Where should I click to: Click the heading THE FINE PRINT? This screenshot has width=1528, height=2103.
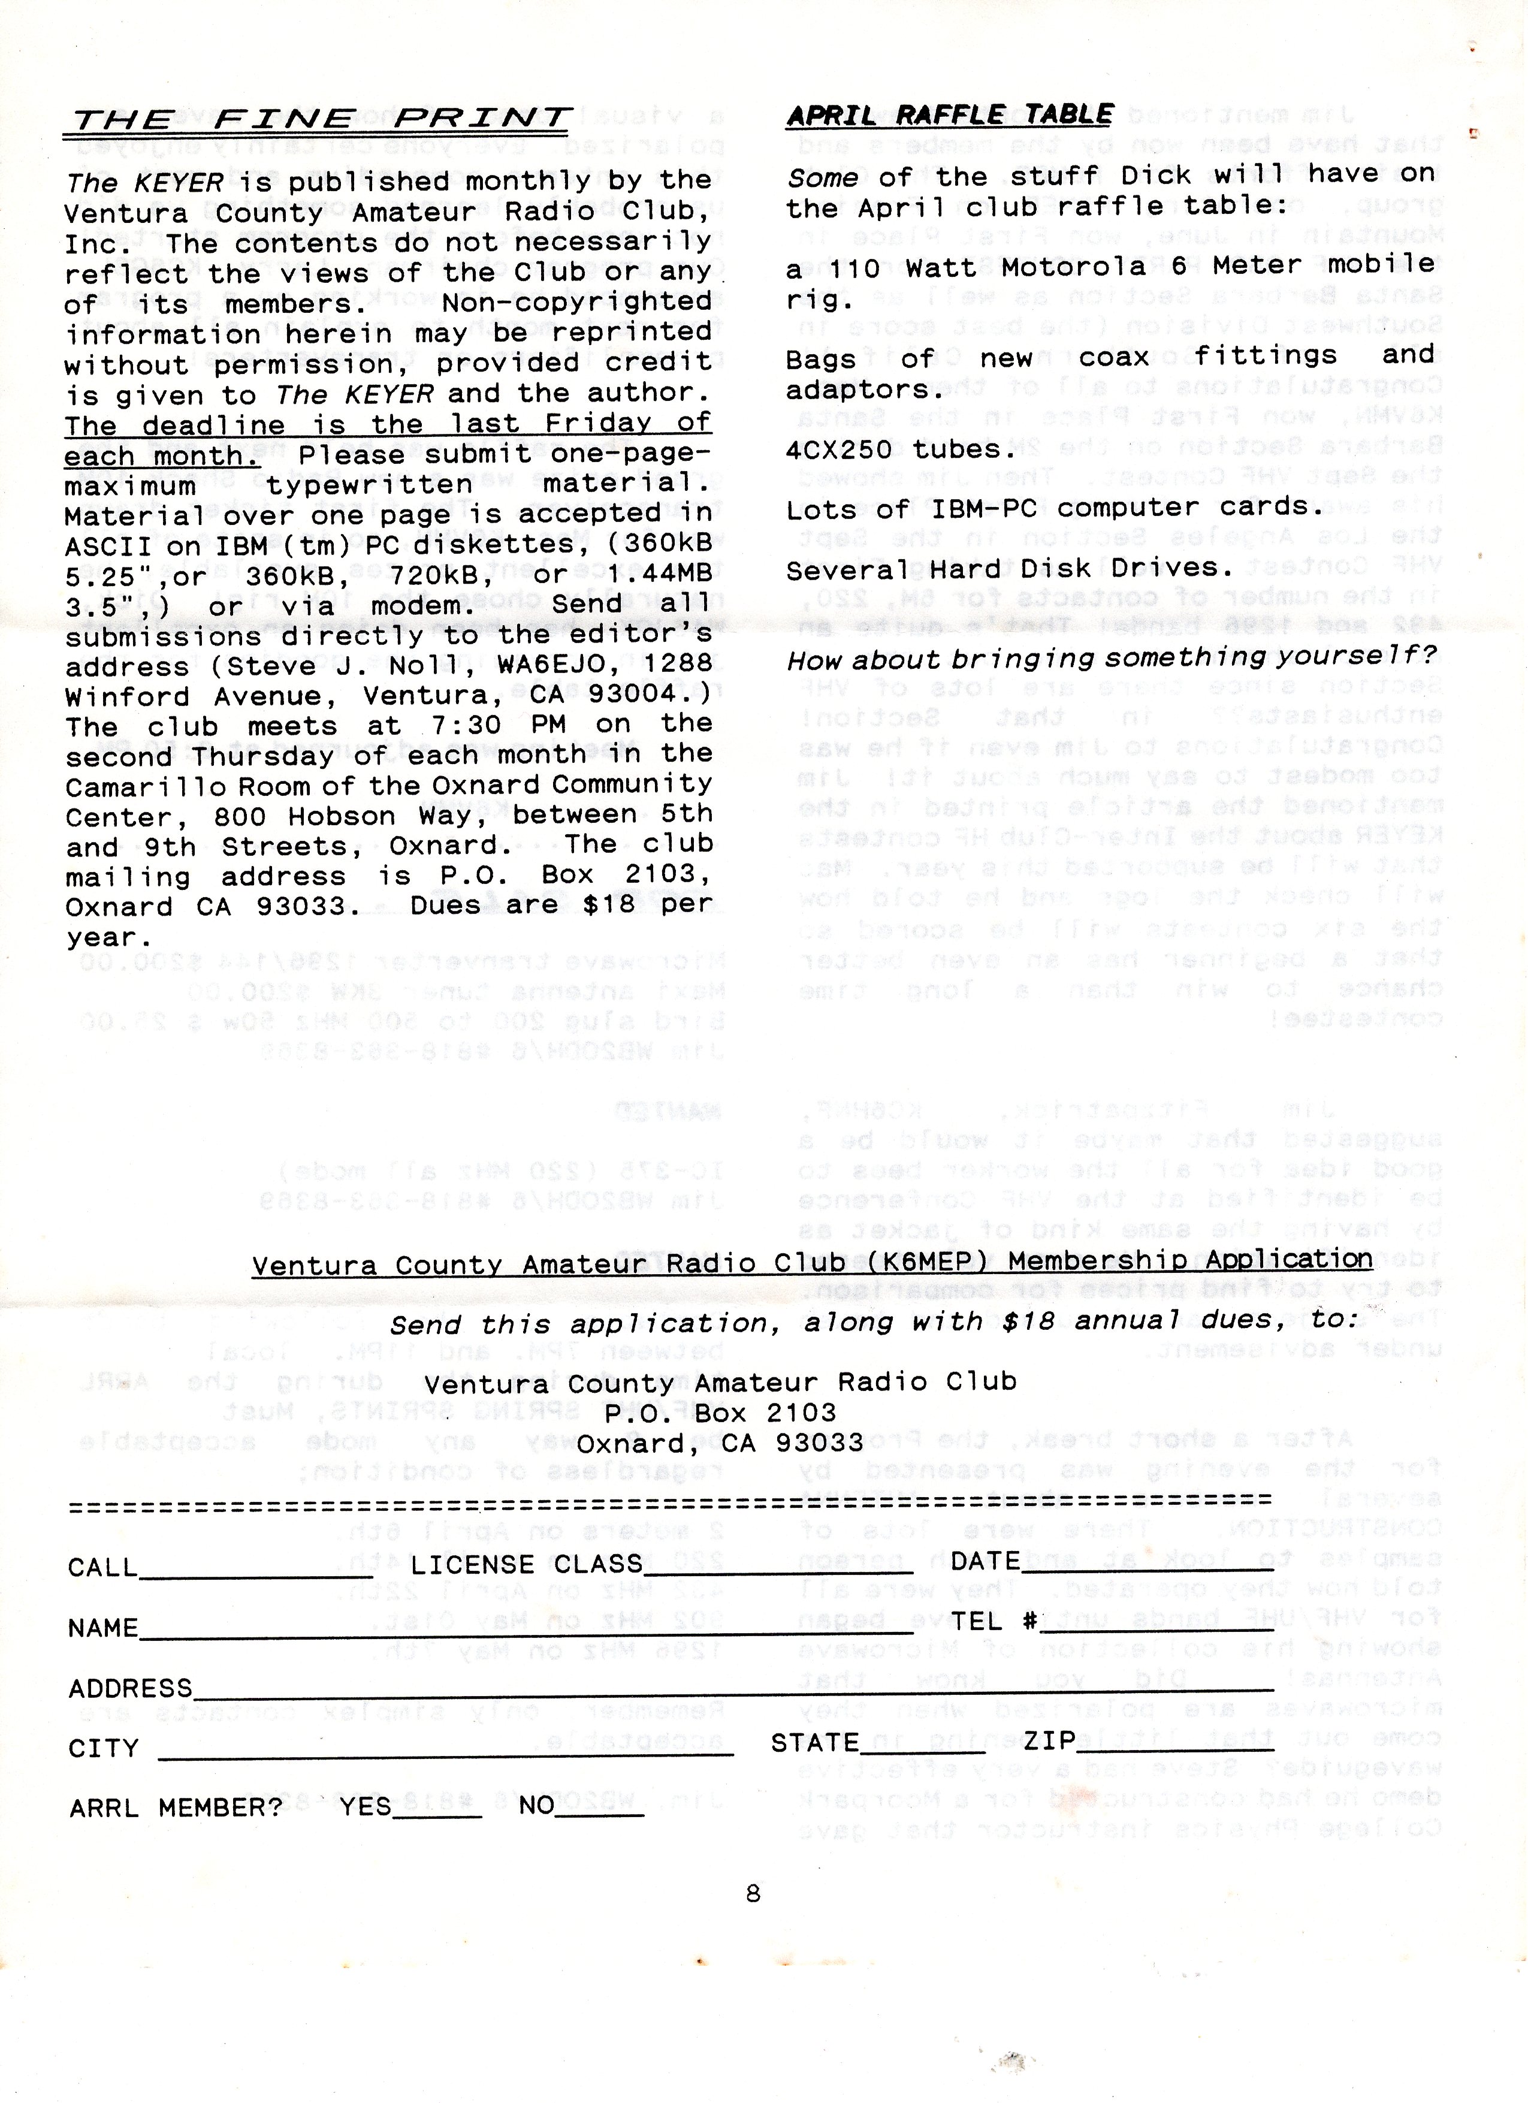[x=318, y=119]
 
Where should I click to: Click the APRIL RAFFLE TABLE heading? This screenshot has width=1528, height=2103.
[x=949, y=115]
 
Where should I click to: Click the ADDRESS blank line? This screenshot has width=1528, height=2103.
[x=732, y=1691]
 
